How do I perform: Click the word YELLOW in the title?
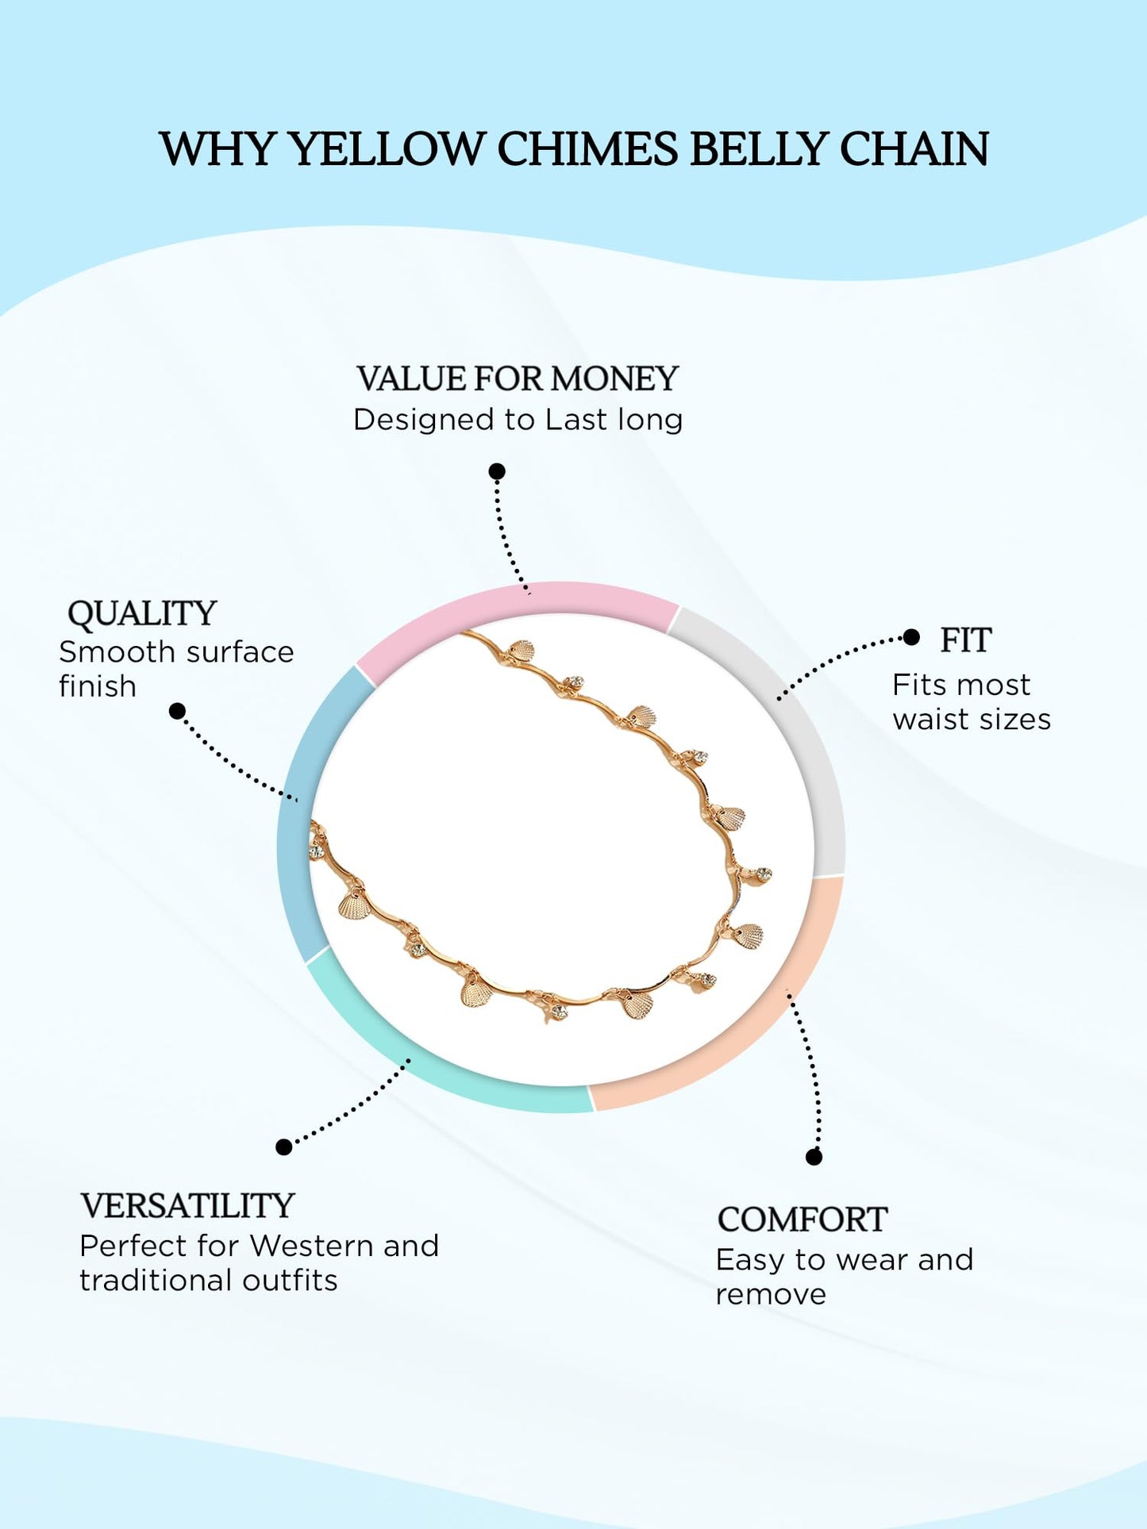(x=387, y=149)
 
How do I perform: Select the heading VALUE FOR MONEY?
(x=518, y=378)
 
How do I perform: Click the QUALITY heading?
(x=142, y=613)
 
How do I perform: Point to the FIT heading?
(x=965, y=640)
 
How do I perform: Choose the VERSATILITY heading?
(x=187, y=1206)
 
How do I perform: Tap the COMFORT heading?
(x=802, y=1220)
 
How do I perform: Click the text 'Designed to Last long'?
(x=518, y=420)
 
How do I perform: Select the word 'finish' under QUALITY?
(x=98, y=686)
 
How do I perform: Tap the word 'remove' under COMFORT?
(x=771, y=1295)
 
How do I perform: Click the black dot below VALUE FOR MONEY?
(x=497, y=472)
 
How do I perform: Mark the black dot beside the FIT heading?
(x=912, y=637)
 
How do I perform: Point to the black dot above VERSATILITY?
(x=283, y=1147)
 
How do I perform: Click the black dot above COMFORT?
(x=814, y=1157)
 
